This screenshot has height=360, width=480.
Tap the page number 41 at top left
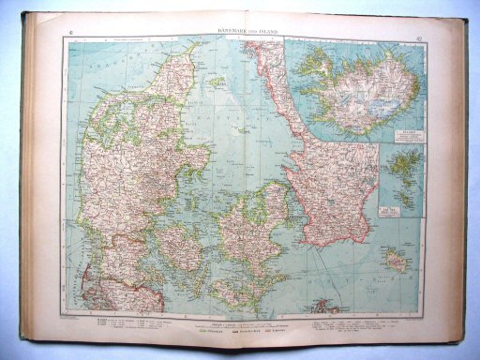click(x=72, y=34)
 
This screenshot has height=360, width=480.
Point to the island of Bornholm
click(x=397, y=261)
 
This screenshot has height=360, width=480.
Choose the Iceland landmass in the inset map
click(x=356, y=90)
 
